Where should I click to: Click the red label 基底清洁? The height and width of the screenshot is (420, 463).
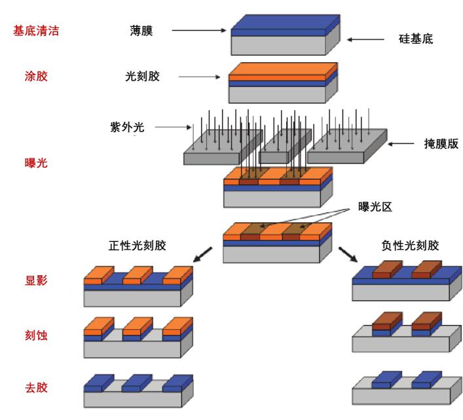[x=37, y=30]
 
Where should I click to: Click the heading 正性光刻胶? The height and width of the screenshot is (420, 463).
[x=137, y=247]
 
